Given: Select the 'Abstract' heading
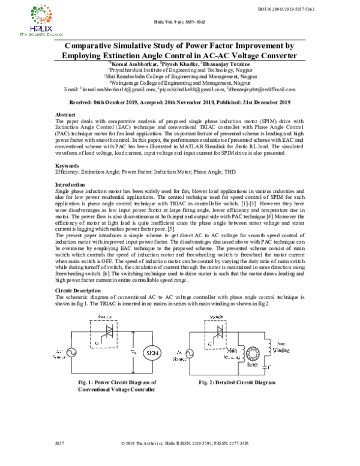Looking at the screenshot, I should coord(65,113).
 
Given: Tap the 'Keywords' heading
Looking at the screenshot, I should coord(67,165).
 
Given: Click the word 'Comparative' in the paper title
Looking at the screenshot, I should coord(98,45).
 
